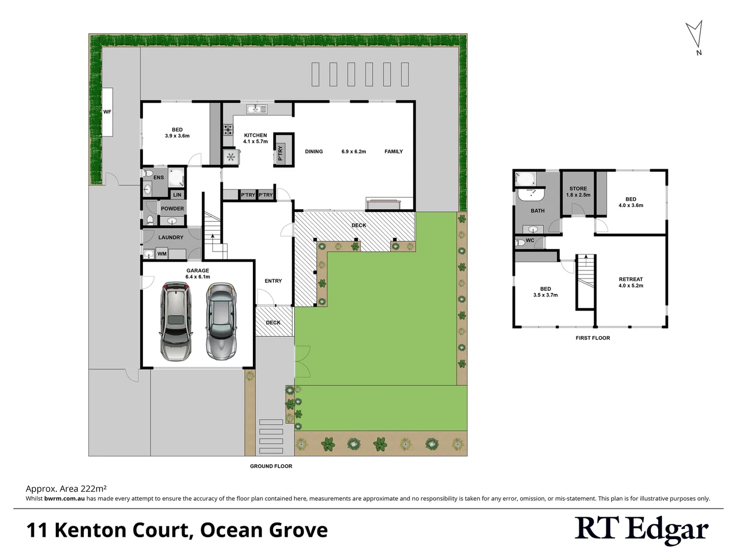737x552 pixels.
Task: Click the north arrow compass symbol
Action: coord(695,36)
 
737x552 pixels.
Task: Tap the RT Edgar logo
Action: coord(641,530)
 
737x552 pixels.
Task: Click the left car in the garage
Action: coord(176,321)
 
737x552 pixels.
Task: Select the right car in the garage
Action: coord(222,321)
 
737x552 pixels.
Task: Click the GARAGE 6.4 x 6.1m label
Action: coord(198,273)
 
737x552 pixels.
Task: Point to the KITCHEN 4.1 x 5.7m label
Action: coord(255,139)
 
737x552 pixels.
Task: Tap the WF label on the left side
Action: coord(107,112)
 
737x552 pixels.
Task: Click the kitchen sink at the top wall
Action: coord(256,109)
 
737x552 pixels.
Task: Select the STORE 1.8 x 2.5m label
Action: coord(578,192)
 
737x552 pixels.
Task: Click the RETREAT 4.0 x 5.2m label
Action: coord(631,282)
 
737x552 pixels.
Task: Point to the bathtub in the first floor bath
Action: coord(526,179)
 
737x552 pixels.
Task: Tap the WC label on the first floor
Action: coord(530,241)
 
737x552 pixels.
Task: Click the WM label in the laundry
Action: coord(162,254)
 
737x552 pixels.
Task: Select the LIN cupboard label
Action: coord(177,195)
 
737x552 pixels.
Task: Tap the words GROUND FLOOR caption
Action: coord(271,466)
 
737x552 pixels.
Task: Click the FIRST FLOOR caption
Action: coord(593,338)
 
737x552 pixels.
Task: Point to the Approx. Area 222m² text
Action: coord(66,489)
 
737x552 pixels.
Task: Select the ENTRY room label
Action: coord(273,281)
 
